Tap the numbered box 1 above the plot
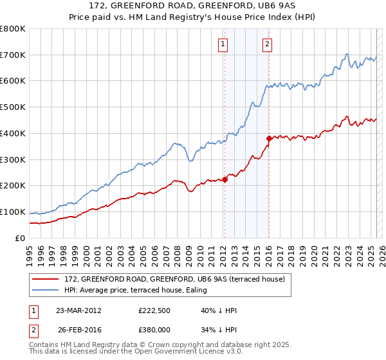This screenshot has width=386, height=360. pyautogui.click(x=223, y=44)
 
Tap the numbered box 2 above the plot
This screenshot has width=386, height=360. pyautogui.click(x=266, y=44)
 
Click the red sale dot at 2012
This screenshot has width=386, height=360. pyautogui.click(x=225, y=179)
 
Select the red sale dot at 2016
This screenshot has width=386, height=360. pyautogui.click(x=269, y=138)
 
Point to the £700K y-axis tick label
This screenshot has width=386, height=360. pyautogui.click(x=13, y=55)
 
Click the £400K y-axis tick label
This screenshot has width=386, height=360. pyautogui.click(x=13, y=134)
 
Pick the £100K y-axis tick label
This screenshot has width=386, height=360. pyautogui.click(x=13, y=212)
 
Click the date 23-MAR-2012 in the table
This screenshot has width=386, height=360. pyautogui.click(x=79, y=310)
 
